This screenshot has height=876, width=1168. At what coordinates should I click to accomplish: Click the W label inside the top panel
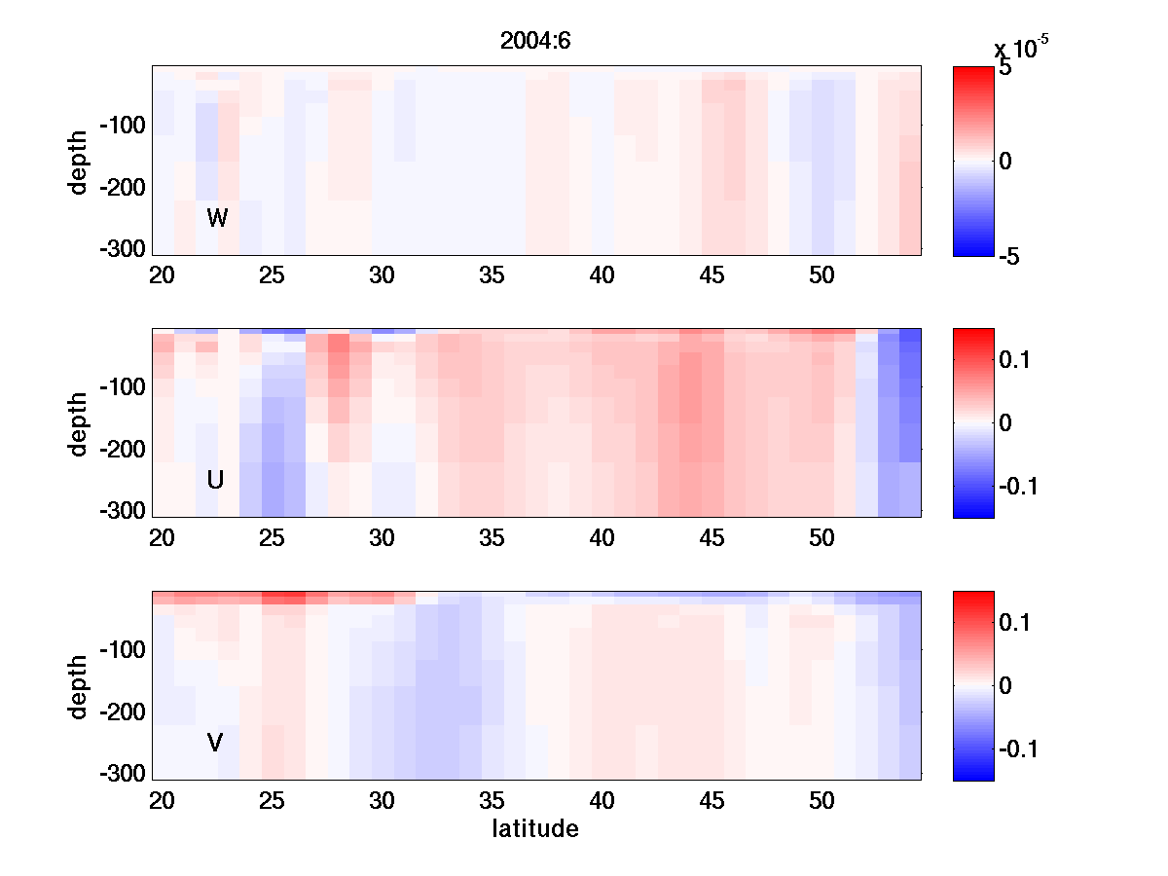[x=217, y=218]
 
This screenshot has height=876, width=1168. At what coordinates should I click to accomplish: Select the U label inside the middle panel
[x=215, y=480]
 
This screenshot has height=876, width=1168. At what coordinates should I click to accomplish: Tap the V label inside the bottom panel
[x=215, y=743]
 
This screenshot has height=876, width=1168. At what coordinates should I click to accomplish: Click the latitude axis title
[x=534, y=829]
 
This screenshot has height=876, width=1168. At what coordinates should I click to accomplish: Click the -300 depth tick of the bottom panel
[x=123, y=774]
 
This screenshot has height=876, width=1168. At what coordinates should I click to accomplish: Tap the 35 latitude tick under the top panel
[x=492, y=275]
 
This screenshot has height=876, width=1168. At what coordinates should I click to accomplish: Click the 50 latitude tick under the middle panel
[x=822, y=538]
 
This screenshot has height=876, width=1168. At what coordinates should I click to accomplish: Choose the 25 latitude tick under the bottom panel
[x=272, y=801]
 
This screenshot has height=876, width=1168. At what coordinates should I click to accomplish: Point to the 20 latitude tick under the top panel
[x=162, y=275]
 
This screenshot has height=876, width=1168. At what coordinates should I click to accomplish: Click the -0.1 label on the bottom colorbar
[x=1020, y=748]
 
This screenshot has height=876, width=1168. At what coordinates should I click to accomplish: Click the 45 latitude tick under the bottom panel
[x=712, y=801]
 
